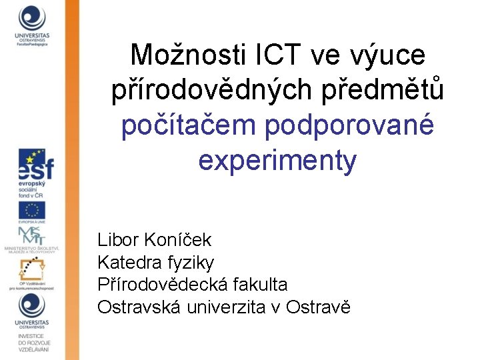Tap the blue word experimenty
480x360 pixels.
pos(277,161)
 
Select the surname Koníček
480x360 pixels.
pos(178,239)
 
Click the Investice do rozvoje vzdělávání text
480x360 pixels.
pos(31,343)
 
